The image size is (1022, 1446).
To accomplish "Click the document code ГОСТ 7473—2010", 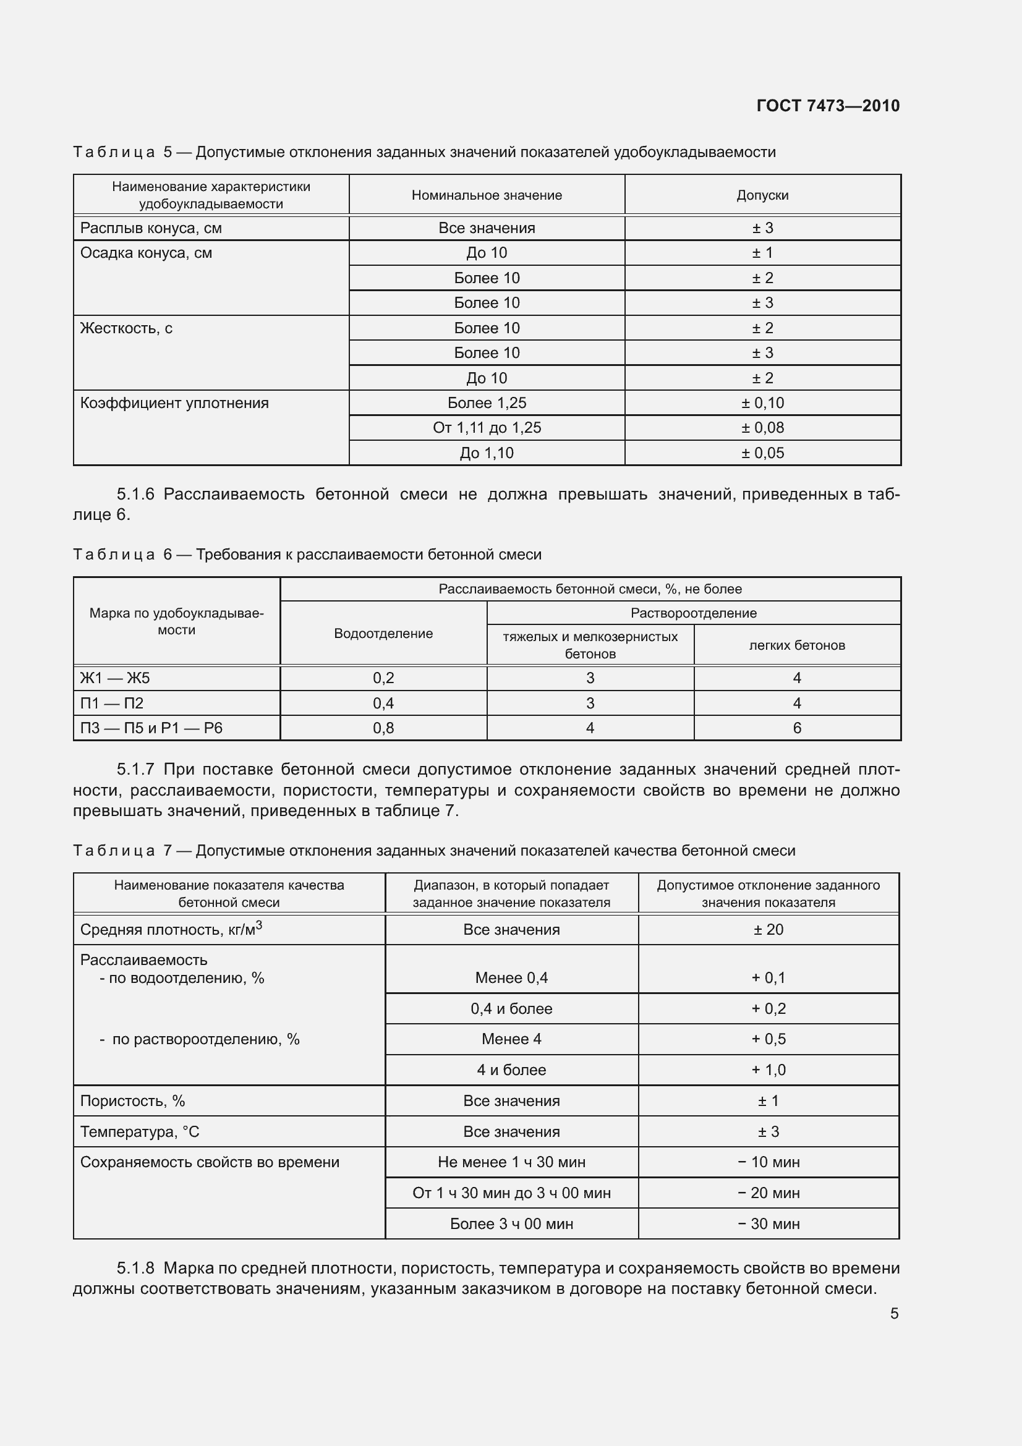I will pos(827,105).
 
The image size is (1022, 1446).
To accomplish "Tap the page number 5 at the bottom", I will pos(894,1313).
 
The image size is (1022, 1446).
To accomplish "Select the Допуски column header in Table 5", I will pos(762,195).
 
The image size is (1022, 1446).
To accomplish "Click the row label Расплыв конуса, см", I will pos(151,228).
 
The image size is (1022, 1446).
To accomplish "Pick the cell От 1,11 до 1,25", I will pos(487,428).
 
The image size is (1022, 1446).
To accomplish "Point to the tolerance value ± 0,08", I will pos(762,428).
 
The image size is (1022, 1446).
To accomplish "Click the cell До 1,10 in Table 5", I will pos(487,453).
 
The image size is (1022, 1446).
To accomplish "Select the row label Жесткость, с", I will pos(126,328).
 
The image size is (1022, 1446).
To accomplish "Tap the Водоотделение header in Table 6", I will pos(383,634).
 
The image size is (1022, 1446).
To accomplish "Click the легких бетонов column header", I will pos(796,645).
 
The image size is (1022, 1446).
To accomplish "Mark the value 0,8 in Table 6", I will pos(383,728).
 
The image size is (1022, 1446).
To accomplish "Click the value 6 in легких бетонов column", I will pos(796,728).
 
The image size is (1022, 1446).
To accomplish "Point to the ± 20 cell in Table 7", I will pos(769,930).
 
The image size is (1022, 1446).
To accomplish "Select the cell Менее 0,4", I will pos(511,978).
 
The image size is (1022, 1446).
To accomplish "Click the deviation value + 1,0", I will pos(769,1070).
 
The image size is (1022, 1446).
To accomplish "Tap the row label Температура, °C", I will pos(140,1132).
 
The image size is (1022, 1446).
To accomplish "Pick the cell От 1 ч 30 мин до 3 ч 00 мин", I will pos(511,1193).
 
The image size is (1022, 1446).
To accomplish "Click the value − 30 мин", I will pos(769,1223).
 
